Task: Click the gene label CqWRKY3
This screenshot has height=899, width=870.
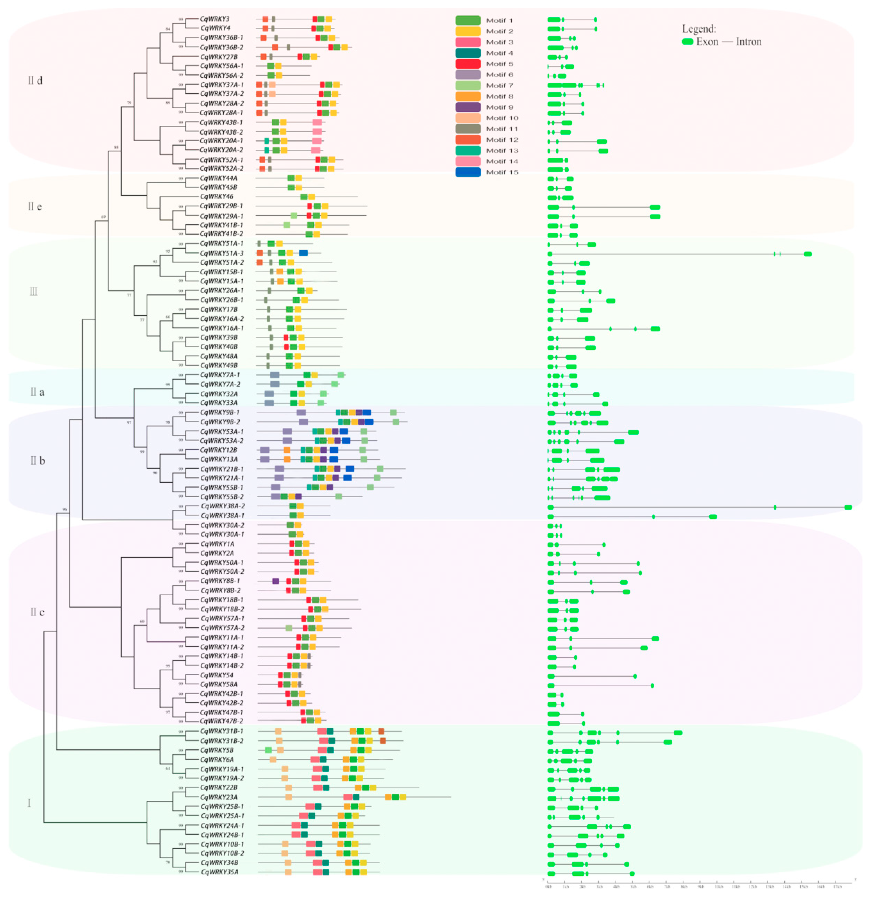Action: pos(214,19)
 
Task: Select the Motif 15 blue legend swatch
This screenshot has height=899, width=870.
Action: pos(467,172)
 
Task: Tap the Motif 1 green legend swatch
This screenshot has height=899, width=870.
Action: pos(467,20)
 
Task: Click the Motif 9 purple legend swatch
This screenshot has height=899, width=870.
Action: pos(467,107)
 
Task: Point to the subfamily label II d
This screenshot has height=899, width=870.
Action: pos(35,81)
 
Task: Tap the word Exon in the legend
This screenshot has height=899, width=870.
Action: pos(707,42)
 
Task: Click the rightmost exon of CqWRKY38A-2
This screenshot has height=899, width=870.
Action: pos(848,507)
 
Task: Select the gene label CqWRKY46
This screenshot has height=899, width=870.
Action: pos(216,196)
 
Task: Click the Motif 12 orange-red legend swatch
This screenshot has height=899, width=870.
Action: pos(467,139)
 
